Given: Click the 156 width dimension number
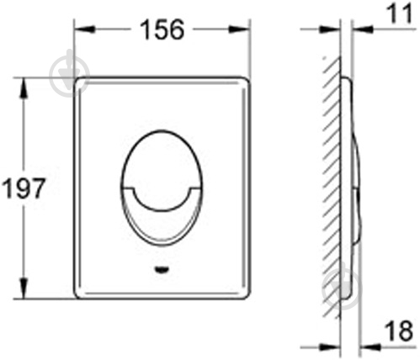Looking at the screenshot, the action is tap(162, 29).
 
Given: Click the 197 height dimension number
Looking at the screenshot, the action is tap(23, 188).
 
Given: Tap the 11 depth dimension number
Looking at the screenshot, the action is tap(400, 13).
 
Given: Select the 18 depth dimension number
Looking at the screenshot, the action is tap(399, 331).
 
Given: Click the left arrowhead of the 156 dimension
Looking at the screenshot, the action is tap(85, 29).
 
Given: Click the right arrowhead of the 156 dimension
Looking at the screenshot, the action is tap(239, 29).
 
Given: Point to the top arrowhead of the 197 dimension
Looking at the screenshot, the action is tap(23, 88).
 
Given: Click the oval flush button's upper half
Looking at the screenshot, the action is tap(162, 157).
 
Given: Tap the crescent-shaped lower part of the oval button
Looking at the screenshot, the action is tap(162, 227).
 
